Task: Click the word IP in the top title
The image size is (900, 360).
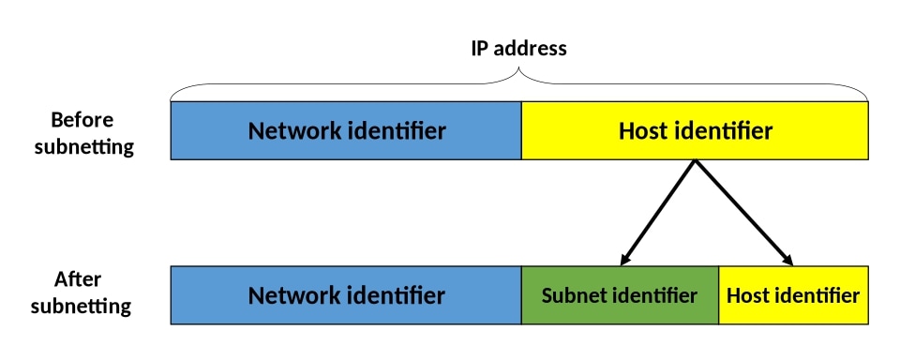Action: tap(480, 48)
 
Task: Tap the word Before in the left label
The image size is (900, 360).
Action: tap(82, 120)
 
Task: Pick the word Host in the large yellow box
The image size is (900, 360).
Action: tap(643, 130)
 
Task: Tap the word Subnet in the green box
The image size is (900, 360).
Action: tap(575, 295)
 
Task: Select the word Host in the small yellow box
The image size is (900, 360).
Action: tap(747, 295)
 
